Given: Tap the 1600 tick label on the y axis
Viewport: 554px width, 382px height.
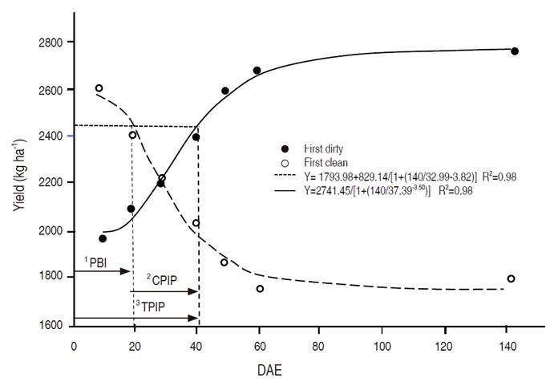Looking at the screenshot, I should point(54,325).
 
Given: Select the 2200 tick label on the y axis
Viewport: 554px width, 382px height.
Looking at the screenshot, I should point(54,183).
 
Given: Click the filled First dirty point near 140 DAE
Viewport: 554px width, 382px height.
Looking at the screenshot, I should point(515,51).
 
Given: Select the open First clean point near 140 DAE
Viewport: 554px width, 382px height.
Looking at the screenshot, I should point(511,278).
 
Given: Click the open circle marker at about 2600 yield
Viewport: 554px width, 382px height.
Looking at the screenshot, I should point(99,88).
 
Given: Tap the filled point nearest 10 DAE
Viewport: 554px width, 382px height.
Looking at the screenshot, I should point(103,238).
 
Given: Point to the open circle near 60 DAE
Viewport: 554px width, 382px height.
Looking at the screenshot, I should point(260,288).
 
